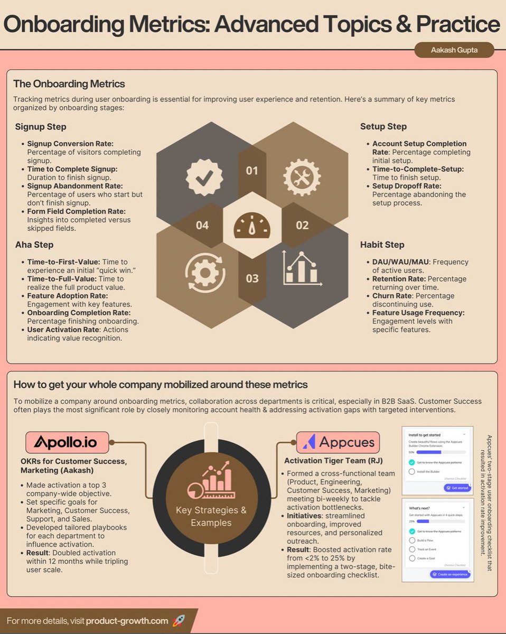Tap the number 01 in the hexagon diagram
point(252,170)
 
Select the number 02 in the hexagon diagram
point(302,226)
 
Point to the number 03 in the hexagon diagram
point(252,278)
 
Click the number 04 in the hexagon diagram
point(202,226)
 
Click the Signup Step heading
point(41,127)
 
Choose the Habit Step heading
point(382,245)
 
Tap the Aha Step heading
point(34,245)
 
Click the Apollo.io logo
point(68,442)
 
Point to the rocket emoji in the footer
point(179,621)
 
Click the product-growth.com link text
point(127,621)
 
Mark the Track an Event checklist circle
point(412,549)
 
